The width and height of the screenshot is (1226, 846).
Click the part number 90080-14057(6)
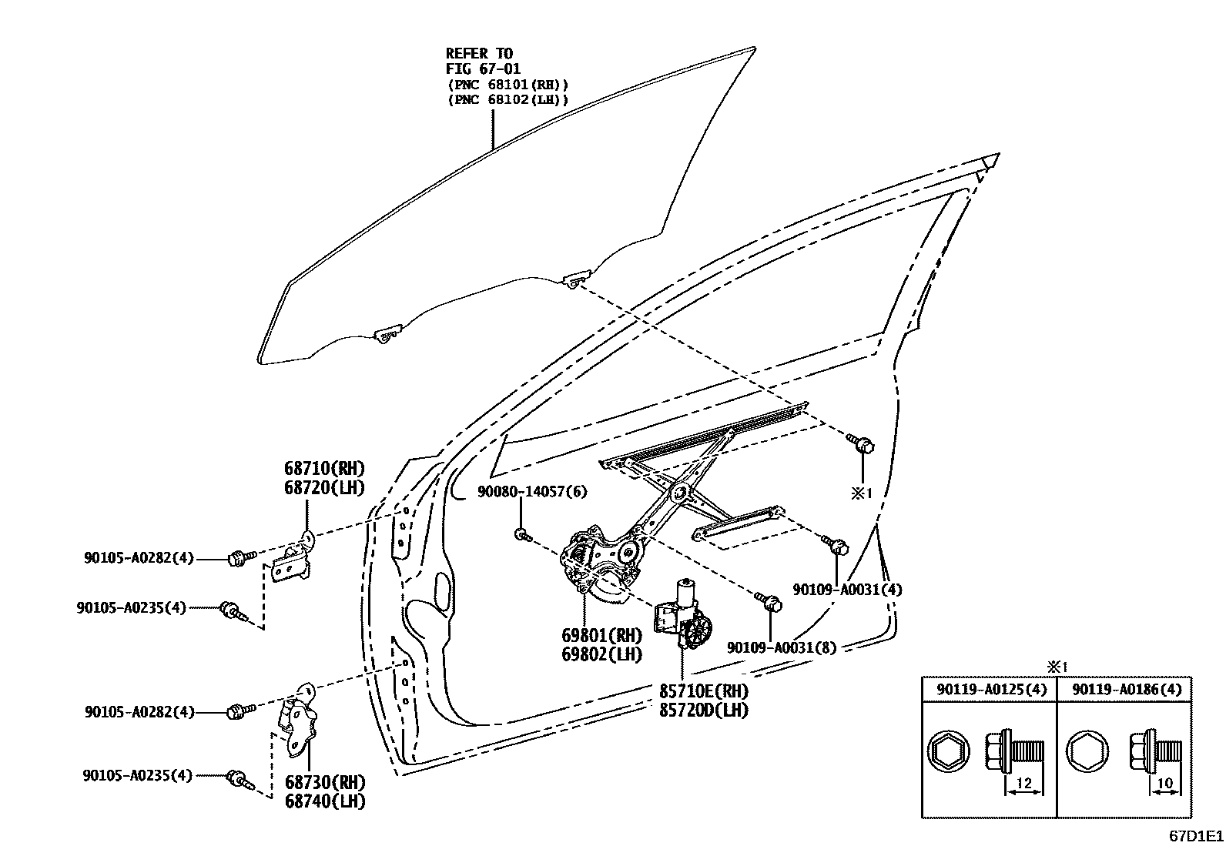point(532,492)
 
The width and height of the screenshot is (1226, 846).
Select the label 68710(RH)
point(323,469)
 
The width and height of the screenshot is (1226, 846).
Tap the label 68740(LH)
point(324,801)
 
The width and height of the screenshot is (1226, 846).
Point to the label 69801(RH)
point(601,636)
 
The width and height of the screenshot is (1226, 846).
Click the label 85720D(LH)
point(703,711)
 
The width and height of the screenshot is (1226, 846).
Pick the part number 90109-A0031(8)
point(782,647)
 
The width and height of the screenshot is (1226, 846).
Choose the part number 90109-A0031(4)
point(847,590)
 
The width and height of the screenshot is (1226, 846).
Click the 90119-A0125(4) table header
point(991,690)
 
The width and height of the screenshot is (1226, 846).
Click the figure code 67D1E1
point(1195,835)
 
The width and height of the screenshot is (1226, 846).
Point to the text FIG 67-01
point(483,69)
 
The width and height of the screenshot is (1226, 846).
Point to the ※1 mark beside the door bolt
point(861,493)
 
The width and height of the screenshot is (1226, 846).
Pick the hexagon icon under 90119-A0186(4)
point(1086,751)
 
